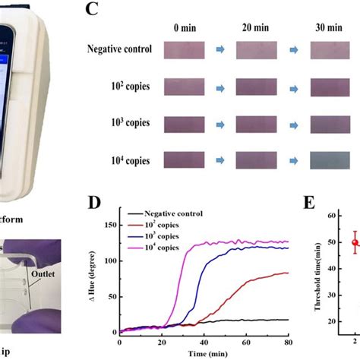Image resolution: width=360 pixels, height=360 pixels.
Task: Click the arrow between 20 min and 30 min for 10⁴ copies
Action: (295, 159)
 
